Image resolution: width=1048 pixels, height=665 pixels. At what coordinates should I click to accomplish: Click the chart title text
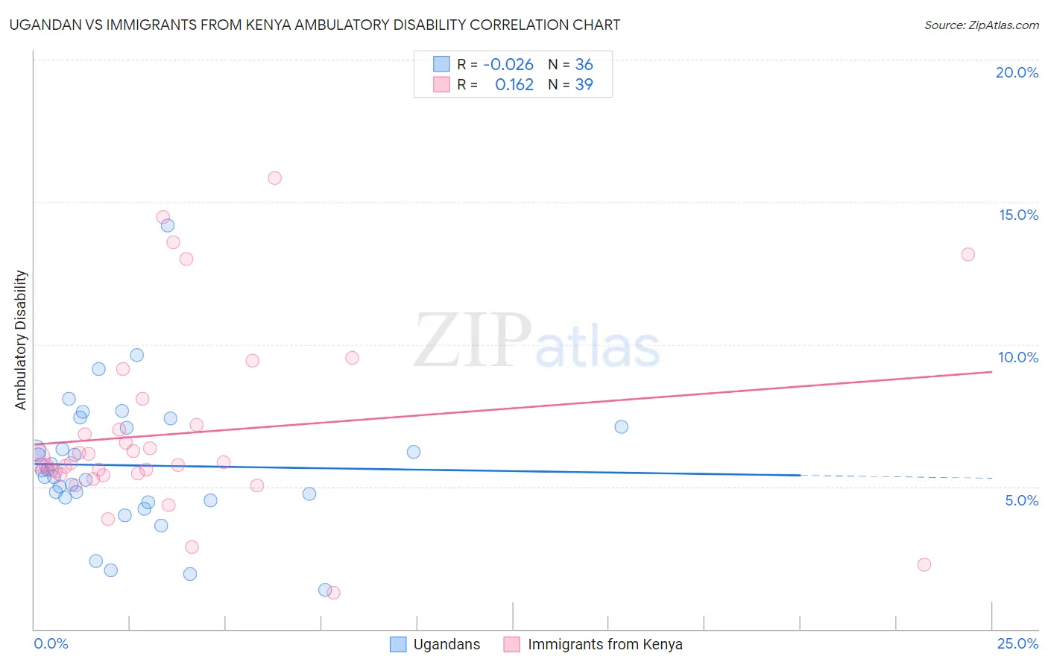coord(315,25)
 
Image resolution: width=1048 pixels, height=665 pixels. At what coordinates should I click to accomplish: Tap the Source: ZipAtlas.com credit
coord(981,25)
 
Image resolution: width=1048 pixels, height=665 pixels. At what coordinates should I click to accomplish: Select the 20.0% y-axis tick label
coord(1017,72)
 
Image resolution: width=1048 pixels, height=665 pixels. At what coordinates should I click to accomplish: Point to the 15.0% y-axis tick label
coord(1018,215)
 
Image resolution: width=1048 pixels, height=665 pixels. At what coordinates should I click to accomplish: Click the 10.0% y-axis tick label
coord(1018,357)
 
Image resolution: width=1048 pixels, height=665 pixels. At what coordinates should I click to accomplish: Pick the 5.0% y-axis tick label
coord(1021,500)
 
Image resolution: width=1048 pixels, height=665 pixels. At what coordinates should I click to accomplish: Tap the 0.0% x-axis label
coord(51,643)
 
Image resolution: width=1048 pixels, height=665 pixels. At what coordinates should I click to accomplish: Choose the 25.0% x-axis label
coord(1017,643)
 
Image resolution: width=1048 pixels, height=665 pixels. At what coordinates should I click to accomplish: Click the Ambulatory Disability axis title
coord(21,340)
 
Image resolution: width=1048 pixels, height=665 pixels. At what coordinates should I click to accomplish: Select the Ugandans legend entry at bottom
coord(435,644)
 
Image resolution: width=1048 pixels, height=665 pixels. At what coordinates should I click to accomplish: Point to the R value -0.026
coord(508,65)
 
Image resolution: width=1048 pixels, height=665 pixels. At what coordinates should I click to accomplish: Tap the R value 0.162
coord(514,85)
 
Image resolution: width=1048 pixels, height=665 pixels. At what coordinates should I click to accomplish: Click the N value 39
coord(584,85)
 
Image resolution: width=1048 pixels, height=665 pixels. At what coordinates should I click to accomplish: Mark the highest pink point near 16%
coord(274,178)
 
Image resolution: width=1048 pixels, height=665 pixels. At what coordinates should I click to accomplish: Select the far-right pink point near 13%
coord(967,254)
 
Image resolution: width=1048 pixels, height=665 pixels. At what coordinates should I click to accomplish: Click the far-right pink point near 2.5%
coord(924,564)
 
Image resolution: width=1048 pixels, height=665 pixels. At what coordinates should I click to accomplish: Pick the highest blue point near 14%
coord(168,225)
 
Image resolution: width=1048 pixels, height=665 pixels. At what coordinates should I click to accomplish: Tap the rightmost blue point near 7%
coord(621,427)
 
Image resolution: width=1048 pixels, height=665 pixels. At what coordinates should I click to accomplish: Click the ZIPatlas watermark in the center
coord(537,341)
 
